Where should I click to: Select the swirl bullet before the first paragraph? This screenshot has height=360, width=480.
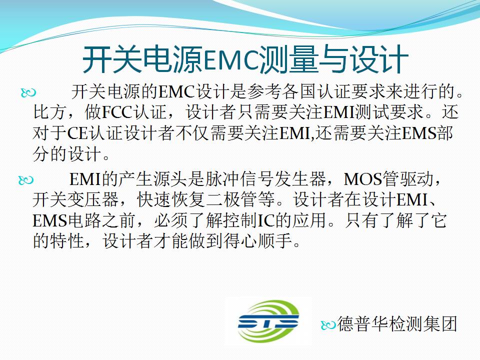(28, 92)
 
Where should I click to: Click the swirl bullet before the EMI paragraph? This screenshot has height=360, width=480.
(26, 180)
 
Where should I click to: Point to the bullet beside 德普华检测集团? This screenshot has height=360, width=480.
(328, 325)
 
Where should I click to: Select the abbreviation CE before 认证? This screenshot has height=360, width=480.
(77, 133)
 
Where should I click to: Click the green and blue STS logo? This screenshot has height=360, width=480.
(268, 321)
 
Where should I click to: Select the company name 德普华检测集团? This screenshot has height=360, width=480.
(397, 324)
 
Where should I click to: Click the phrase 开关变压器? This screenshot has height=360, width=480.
(75, 199)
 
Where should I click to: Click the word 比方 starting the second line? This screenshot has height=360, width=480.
(49, 112)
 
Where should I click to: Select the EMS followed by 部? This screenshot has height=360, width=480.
(419, 133)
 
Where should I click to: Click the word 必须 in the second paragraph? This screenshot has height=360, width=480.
(171, 220)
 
